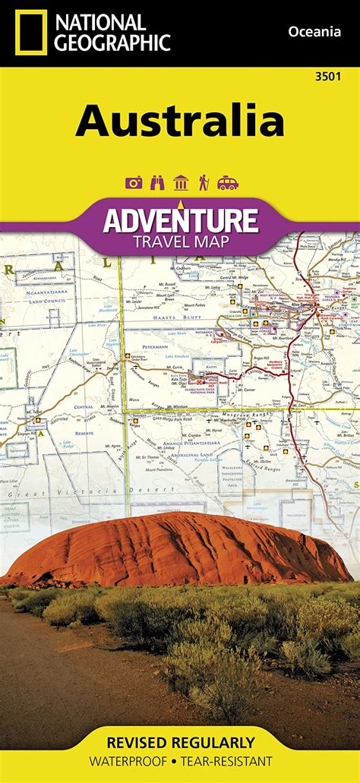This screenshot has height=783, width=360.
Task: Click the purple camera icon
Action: pyautogui.click(x=134, y=182)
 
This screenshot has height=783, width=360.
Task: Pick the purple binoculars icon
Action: pyautogui.click(x=157, y=182)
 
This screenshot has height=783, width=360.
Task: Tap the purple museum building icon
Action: pyautogui.click(x=180, y=182)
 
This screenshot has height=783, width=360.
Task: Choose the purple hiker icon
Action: pyautogui.click(x=203, y=182)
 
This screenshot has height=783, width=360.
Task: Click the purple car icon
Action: pyautogui.click(x=226, y=182)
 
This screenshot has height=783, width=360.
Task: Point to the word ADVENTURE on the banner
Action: pyautogui.click(x=180, y=219)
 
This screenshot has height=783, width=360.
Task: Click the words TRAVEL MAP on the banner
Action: pyautogui.click(x=180, y=241)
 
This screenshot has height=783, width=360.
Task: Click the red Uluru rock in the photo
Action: pyautogui.click(x=175, y=551)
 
